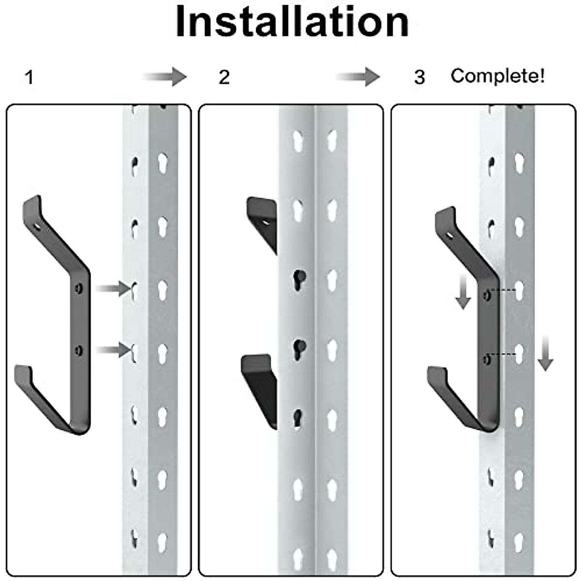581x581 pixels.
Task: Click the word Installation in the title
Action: pyautogui.click(x=292, y=22)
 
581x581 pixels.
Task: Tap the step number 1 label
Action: pyautogui.click(x=30, y=77)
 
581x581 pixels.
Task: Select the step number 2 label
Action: pyautogui.click(x=224, y=77)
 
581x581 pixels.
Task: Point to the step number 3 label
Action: pyautogui.click(x=419, y=77)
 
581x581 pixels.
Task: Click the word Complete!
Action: pyautogui.click(x=498, y=76)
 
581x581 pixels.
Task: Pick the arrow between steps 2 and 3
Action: pyautogui.click(x=359, y=76)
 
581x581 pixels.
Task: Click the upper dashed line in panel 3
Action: pyautogui.click(x=503, y=290)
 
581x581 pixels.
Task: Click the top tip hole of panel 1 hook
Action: pyautogui.click(x=38, y=226)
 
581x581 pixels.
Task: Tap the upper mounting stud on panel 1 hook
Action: pyautogui.click(x=79, y=289)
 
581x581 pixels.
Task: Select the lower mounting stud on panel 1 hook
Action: pyautogui.click(x=79, y=350)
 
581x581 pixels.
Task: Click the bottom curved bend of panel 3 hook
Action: pyautogui.click(x=484, y=424)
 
